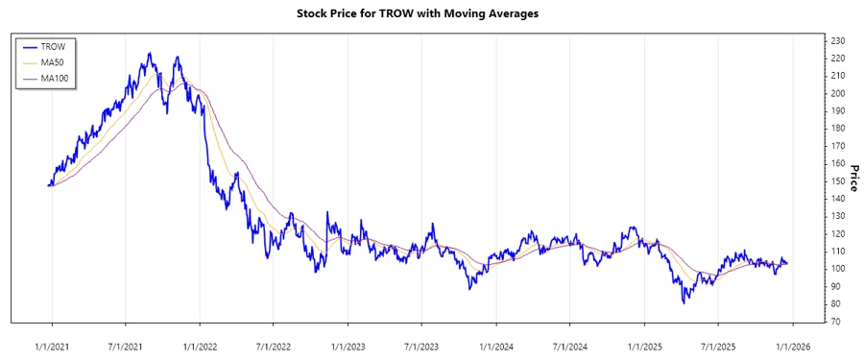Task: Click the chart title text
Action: [x=431, y=15]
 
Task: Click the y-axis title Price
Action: [x=851, y=180]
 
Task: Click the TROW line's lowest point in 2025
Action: [x=684, y=303]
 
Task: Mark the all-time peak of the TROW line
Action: [x=149, y=53]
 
